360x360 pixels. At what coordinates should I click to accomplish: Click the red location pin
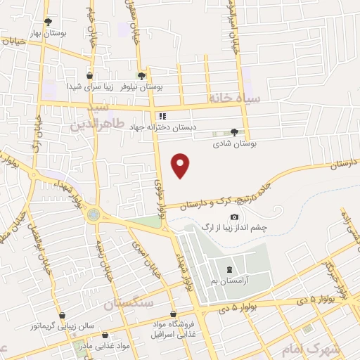tap(181, 166)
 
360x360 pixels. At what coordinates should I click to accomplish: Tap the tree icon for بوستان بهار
tap(48, 22)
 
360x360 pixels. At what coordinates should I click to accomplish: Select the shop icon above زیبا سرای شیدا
tap(89, 75)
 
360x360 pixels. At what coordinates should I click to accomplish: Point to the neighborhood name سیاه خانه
tap(234, 99)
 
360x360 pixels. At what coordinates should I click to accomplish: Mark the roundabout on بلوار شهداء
tap(93, 215)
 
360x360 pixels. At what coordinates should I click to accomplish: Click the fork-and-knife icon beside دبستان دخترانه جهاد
tap(162, 116)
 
